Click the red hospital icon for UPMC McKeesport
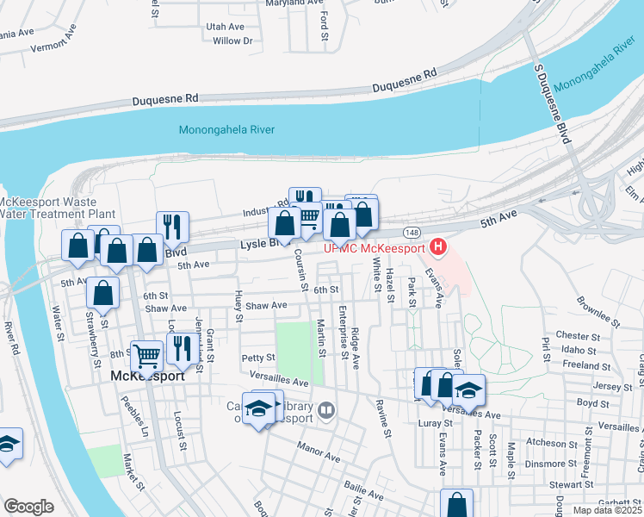(438, 247)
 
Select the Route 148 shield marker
(412, 233)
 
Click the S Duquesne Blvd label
(553, 103)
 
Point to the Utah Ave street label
(226, 27)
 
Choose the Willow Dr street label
(232, 40)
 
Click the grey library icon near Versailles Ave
(325, 410)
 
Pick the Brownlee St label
(599, 313)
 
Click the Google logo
(28, 507)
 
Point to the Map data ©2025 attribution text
(608, 510)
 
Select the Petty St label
(257, 357)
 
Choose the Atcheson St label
(547, 443)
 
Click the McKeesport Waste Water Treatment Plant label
(57, 207)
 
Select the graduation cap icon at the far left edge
(7, 445)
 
